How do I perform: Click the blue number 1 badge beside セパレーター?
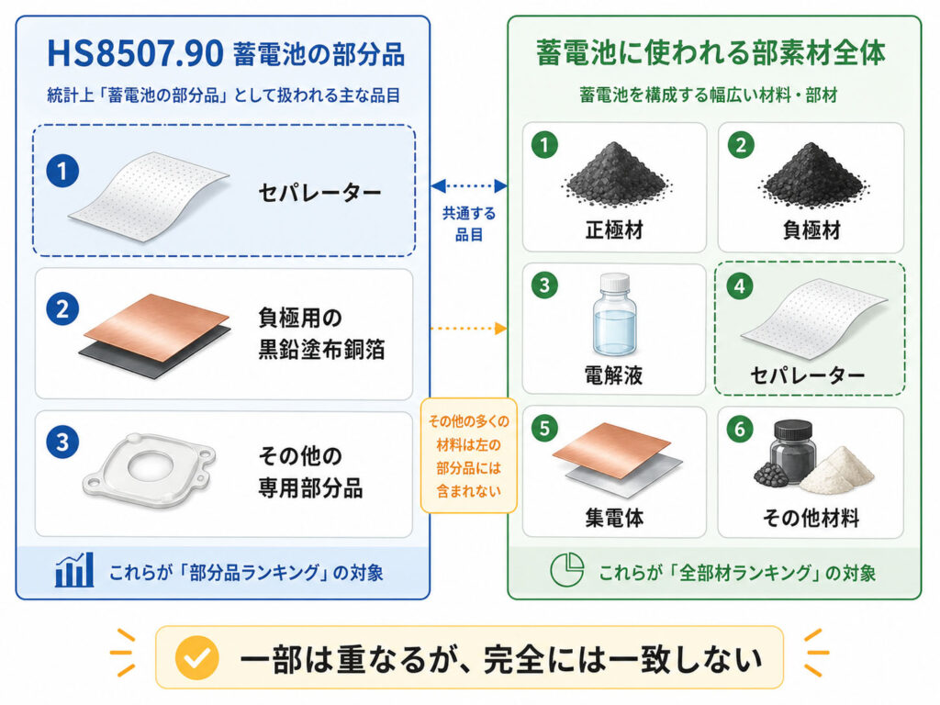62,171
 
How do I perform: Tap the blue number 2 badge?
62,309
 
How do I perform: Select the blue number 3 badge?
62,442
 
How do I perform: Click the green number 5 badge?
544,428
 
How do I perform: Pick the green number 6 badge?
740,428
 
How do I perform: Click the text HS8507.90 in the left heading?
135,54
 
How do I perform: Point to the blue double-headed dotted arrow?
469,185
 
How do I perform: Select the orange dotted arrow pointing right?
469,328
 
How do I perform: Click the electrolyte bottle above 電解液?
614,315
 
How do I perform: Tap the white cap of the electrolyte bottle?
615,282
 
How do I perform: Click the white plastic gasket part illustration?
149,471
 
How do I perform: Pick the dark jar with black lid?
794,450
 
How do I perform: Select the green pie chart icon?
566,569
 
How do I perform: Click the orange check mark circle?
196,657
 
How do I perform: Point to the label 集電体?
614,518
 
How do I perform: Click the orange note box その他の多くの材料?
469,455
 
